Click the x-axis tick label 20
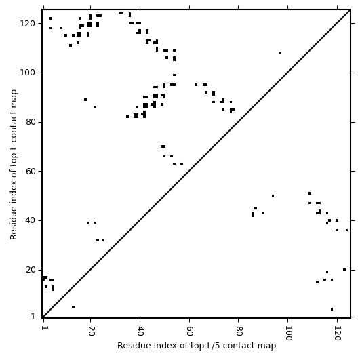click(x=91, y=331)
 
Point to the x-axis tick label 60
click(x=190, y=331)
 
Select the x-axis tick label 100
click(x=288, y=333)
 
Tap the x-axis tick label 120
click(x=337, y=333)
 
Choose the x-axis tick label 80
click(x=239, y=331)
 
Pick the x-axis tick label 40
click(x=140, y=331)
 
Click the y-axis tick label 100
click(x=28, y=73)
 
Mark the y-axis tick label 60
click(x=31, y=172)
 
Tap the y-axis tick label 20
click(x=31, y=270)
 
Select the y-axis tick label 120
click(x=28, y=24)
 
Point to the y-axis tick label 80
click(x=31, y=122)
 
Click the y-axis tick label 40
click(x=31, y=220)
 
